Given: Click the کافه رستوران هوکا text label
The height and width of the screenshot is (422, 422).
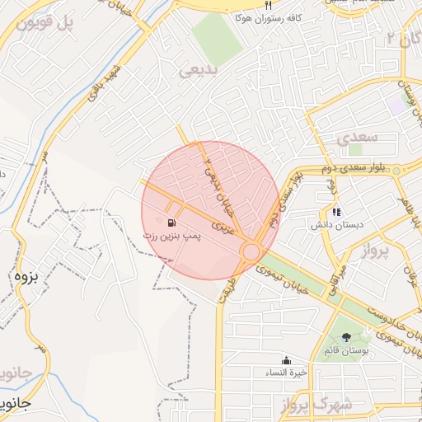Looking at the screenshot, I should tap(270, 16).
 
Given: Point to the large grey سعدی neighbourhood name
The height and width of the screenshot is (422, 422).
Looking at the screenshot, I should tap(357, 135).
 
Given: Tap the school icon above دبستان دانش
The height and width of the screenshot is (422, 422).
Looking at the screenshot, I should tap(335, 211).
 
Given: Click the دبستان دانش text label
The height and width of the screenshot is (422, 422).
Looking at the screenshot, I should tap(333, 224).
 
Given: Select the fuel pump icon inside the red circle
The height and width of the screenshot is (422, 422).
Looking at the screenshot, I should tap(171, 223).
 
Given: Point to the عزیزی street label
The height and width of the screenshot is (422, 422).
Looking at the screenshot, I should tap(225, 225).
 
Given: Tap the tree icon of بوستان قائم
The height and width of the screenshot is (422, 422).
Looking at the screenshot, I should tap(346, 336).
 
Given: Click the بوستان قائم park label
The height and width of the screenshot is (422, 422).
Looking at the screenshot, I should tap(350, 351).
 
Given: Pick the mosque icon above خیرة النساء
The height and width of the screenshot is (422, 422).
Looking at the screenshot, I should tap(286, 359).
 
